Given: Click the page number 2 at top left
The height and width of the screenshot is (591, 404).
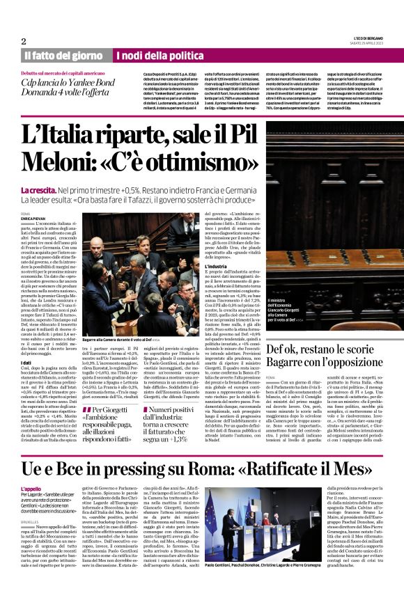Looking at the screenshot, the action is point(24,42).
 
